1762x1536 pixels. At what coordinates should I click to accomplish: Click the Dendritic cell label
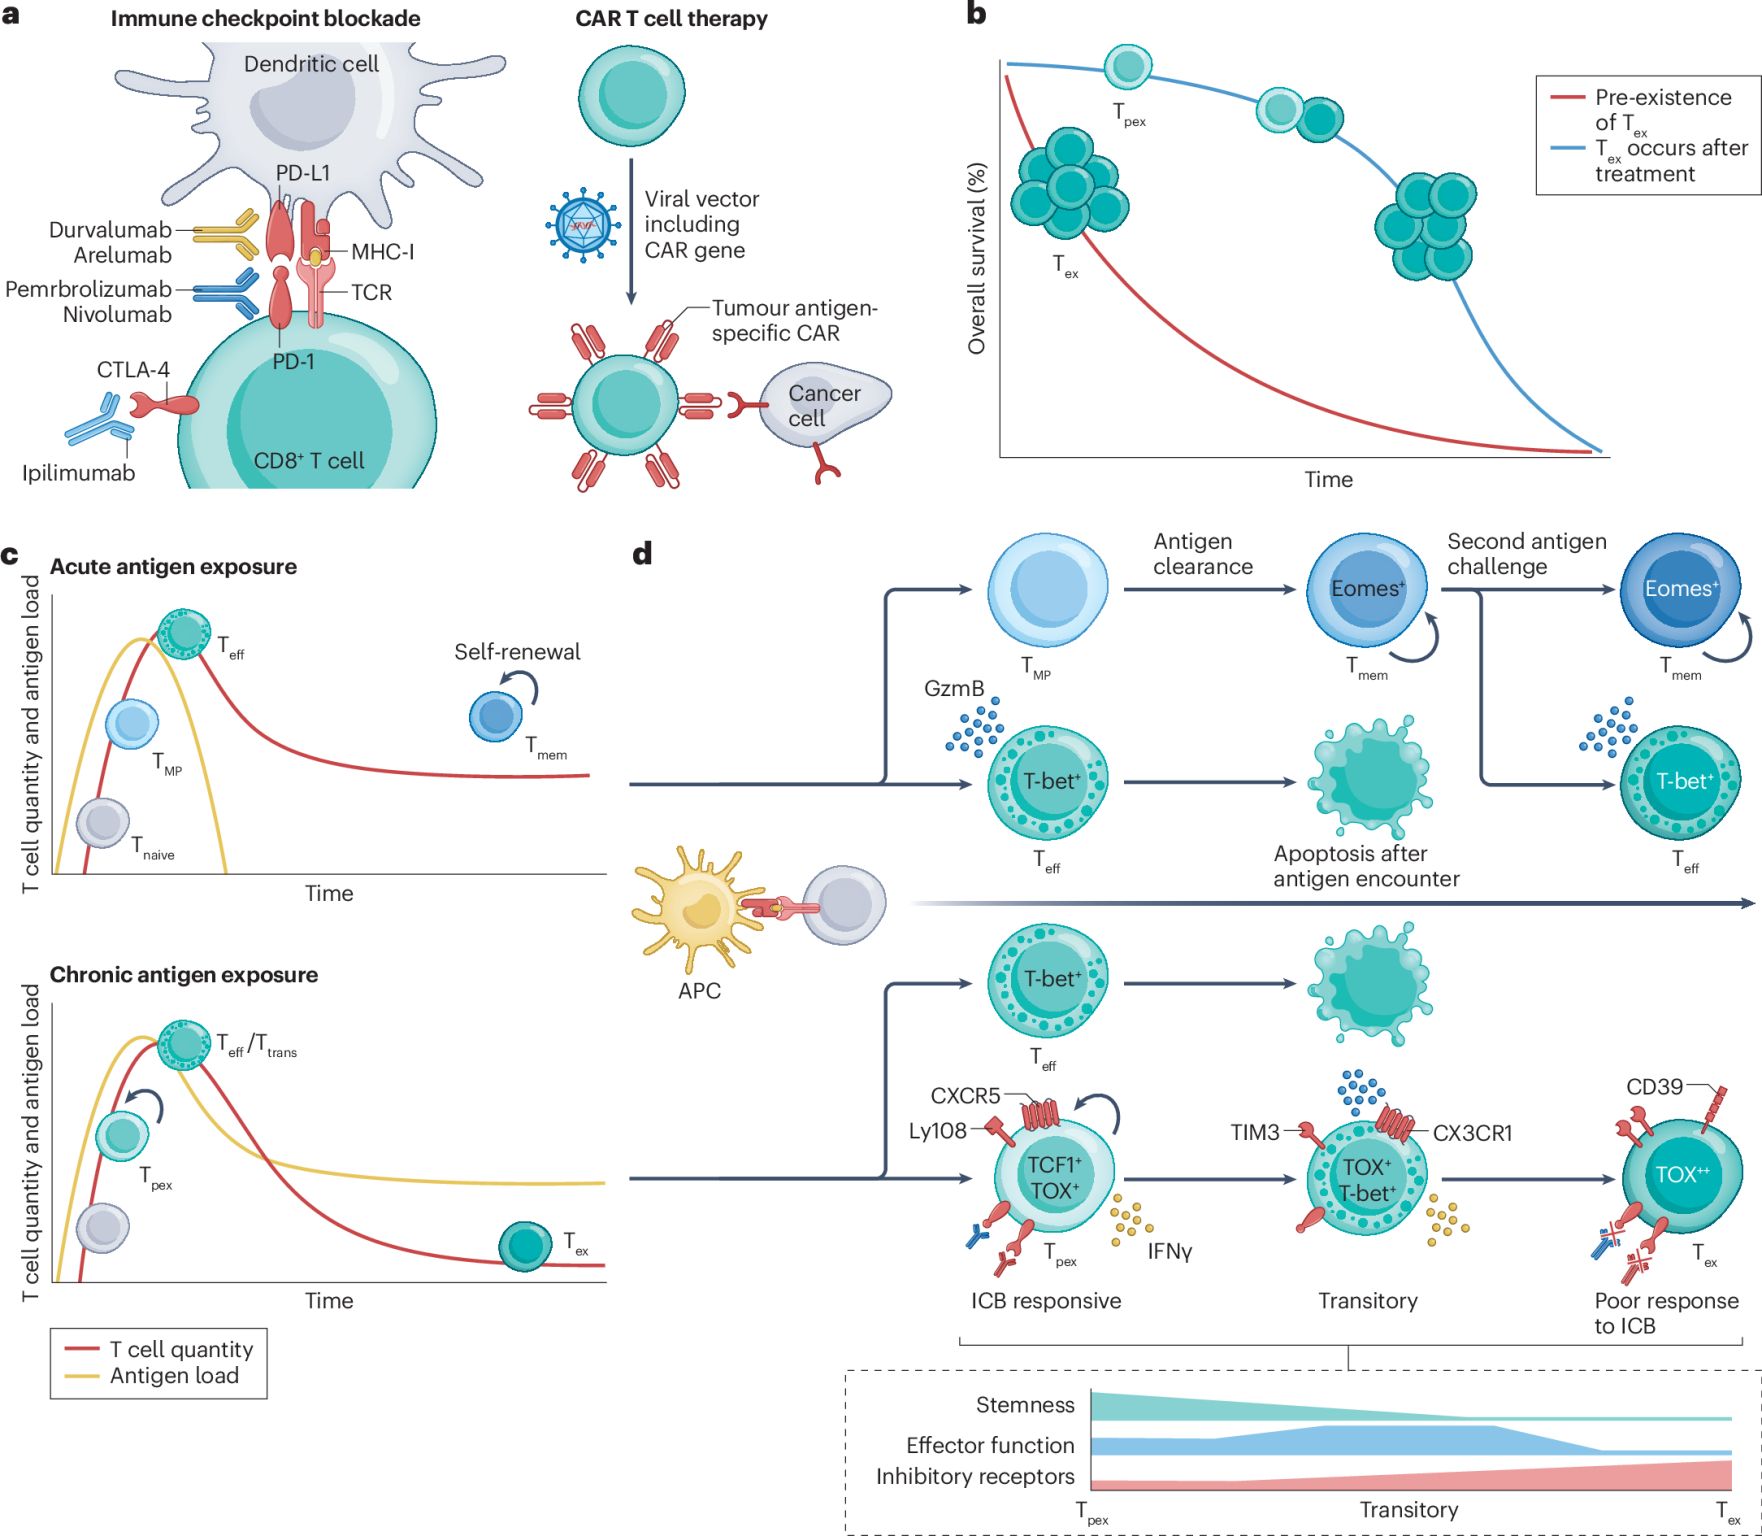point(311,64)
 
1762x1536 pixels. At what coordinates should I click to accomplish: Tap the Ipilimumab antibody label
point(78,473)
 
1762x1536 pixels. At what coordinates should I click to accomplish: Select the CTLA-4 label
point(133,370)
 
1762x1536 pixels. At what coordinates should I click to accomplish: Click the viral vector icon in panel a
point(582,225)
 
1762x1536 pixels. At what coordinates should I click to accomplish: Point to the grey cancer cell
point(824,406)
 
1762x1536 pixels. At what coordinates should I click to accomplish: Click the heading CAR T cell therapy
point(671,19)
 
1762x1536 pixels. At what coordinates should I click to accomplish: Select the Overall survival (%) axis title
point(977,258)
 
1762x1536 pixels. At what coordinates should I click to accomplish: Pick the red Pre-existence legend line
point(1567,98)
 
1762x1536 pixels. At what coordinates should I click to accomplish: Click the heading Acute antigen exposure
point(173,567)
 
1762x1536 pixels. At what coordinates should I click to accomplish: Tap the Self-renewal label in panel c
point(517,652)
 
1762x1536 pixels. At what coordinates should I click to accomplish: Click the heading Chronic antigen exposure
point(184,975)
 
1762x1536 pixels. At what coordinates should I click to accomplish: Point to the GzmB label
point(954,688)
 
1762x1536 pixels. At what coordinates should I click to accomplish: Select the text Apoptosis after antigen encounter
point(1366,866)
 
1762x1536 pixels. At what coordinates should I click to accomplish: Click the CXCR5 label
point(965,1096)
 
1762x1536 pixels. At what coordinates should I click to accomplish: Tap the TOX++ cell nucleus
point(1682,1174)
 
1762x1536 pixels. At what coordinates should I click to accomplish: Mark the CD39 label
point(1654,1086)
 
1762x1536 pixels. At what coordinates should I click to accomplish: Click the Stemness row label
point(1025,1405)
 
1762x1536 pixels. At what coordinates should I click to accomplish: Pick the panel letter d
point(643,553)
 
